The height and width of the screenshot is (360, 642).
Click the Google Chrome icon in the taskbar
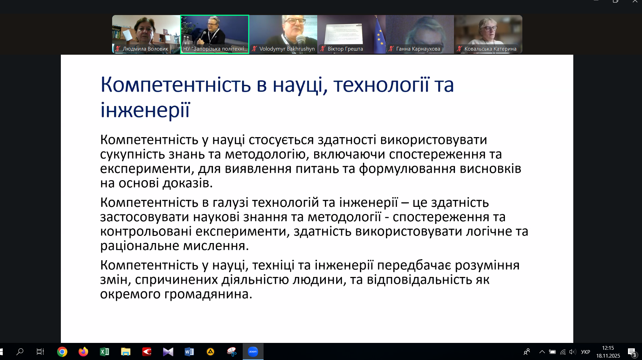(62, 351)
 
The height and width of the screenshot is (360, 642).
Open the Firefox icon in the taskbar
(83, 351)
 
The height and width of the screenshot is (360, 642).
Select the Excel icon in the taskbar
(105, 351)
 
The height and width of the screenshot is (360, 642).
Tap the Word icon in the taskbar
(189, 351)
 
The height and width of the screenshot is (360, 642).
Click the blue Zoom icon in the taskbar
(253, 351)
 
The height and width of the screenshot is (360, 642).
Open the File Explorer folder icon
(126, 351)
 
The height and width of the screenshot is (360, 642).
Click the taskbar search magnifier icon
(20, 351)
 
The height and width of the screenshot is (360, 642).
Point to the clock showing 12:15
(608, 348)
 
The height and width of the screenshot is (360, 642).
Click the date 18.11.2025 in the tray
(608, 356)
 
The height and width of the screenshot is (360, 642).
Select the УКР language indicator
(586, 352)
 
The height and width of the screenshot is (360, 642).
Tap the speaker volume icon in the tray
(573, 352)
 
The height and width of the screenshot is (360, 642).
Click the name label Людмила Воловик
(145, 49)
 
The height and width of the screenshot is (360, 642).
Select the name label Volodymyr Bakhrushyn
(287, 49)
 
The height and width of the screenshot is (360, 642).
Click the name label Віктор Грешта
(345, 49)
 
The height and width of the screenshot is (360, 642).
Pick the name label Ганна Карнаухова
(418, 49)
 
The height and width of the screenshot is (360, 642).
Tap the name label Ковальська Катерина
(491, 49)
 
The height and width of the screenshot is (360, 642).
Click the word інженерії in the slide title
(145, 110)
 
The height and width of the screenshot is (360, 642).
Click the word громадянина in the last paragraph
(208, 294)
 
